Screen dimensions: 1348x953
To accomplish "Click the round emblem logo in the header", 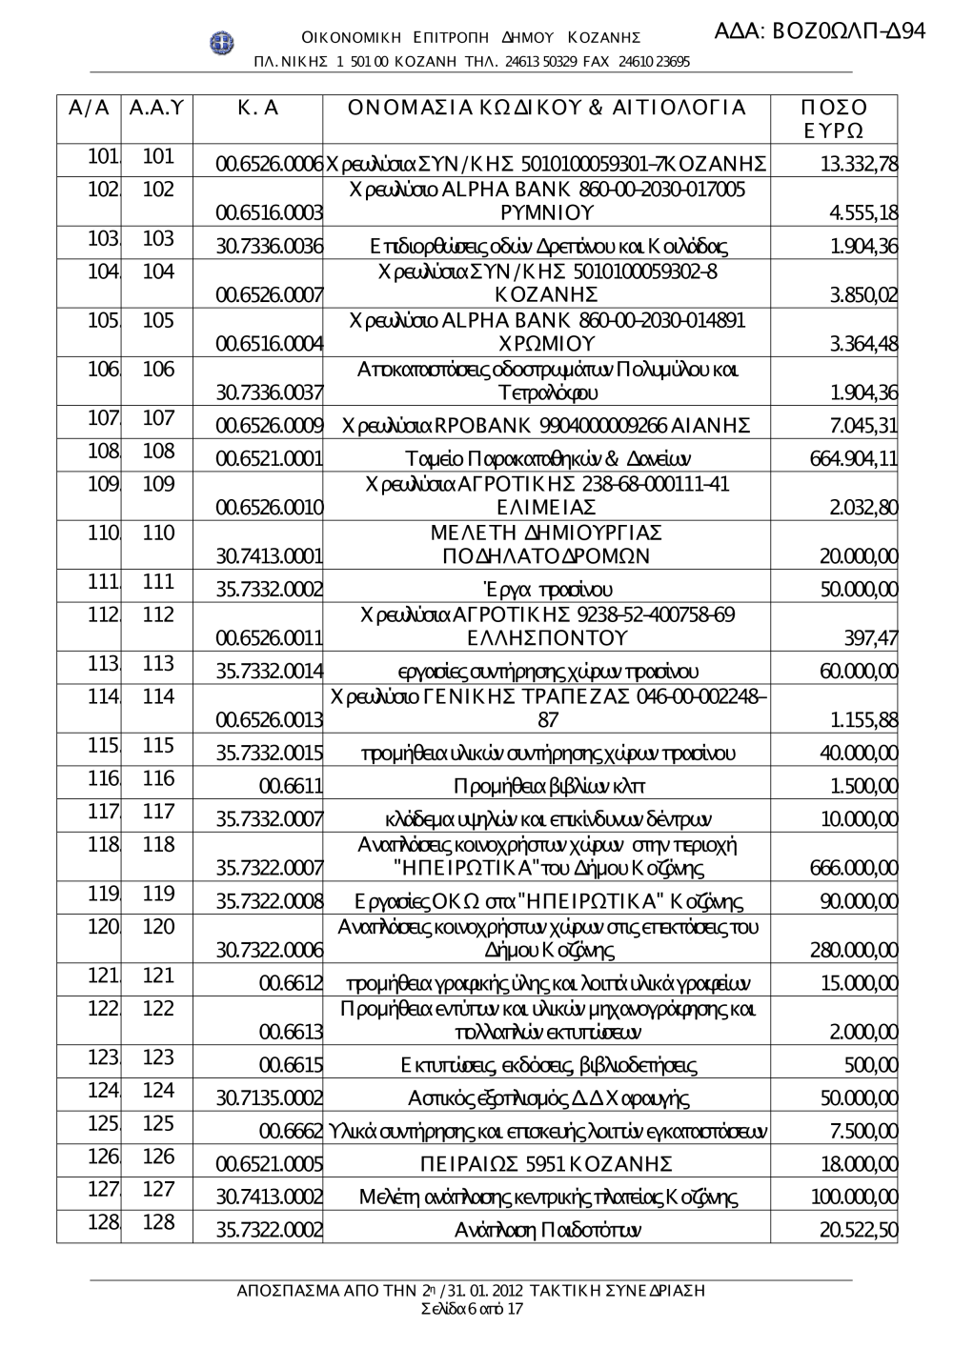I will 222,43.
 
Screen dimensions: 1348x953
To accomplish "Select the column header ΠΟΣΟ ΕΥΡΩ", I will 834,118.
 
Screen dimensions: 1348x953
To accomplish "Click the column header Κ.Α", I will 257,109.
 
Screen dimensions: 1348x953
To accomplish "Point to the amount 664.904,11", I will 853,458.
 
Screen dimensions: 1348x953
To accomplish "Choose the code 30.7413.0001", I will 270,555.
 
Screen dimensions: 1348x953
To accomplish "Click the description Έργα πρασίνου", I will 546,590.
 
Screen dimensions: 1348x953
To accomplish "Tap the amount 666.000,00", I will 853,868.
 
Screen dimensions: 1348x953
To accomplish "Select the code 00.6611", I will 291,786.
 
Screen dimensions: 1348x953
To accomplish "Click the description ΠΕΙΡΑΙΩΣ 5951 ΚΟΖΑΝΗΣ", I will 546,1164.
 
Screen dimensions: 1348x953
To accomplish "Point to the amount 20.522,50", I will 858,1230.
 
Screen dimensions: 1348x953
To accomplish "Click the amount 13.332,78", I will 858,164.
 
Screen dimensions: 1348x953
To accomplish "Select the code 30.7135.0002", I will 270,1098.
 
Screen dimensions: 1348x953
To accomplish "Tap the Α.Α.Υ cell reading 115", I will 158,746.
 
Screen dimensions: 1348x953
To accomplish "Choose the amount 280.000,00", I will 853,950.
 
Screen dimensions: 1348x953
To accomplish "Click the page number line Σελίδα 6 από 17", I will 471,1309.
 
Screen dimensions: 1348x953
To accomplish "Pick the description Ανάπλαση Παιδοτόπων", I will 546,1230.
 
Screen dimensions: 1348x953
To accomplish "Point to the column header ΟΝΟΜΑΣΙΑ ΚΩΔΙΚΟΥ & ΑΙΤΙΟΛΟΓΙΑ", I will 546,109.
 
